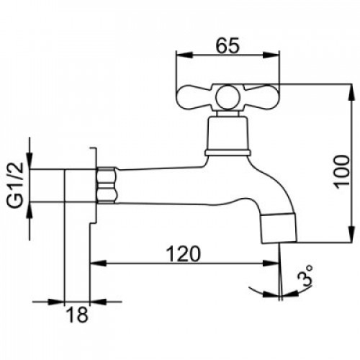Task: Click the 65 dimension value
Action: click(x=228, y=45)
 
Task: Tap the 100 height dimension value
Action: click(x=343, y=172)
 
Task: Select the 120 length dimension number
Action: click(x=184, y=253)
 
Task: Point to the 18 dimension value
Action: click(x=77, y=315)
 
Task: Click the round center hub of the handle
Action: click(x=228, y=97)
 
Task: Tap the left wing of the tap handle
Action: click(x=196, y=97)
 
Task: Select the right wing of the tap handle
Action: click(x=260, y=97)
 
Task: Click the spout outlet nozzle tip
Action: click(x=279, y=228)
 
